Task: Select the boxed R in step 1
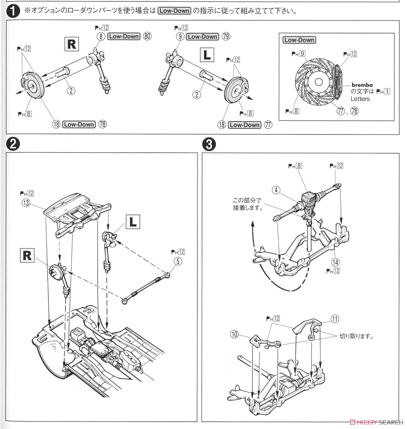tap(72, 44)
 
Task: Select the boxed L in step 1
tap(207, 55)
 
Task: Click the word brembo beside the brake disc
tap(362, 85)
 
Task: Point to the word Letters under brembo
tap(360, 99)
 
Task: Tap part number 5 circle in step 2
tap(177, 261)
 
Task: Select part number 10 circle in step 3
tap(235, 334)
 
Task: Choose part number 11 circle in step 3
tap(335, 319)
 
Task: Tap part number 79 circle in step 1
tap(226, 36)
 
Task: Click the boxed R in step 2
tap(27, 256)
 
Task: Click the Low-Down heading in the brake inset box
tap(299, 40)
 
